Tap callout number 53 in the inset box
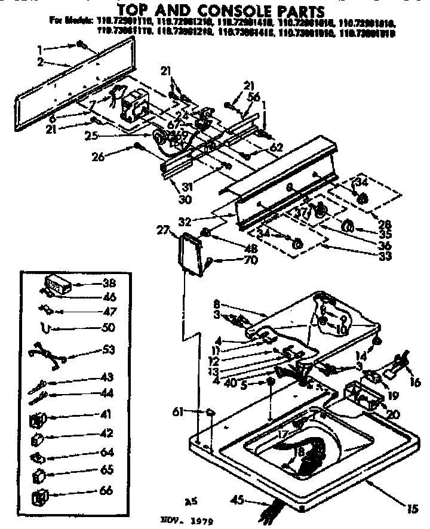[x=108, y=350]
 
